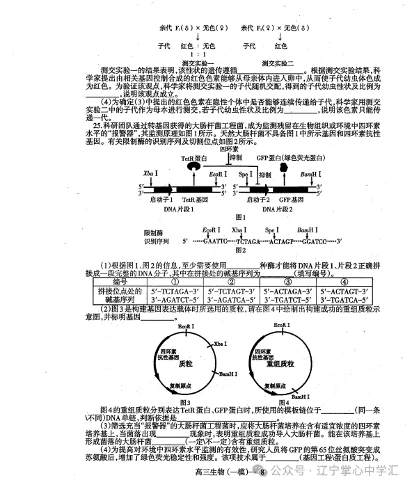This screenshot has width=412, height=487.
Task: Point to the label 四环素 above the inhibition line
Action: tap(229, 148)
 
